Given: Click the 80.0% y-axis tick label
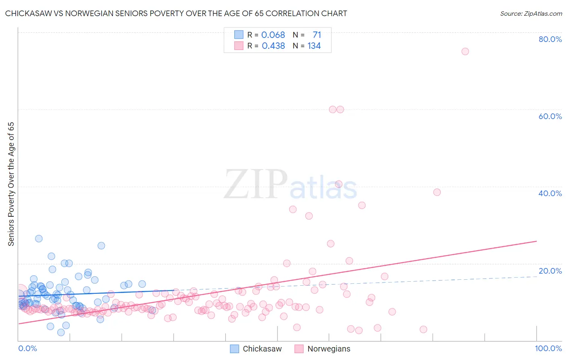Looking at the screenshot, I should click(550, 39).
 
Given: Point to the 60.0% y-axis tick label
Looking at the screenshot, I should click(550, 116).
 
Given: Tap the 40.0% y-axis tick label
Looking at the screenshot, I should click(550, 193).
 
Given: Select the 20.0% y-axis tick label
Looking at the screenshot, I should click(550, 271).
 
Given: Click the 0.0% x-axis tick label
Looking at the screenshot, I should click(27, 348).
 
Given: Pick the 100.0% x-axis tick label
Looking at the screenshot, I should click(548, 348).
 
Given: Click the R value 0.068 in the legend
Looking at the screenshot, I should click(273, 35).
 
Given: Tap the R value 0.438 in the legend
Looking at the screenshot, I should click(273, 46).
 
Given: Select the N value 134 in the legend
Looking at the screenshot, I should click(314, 46).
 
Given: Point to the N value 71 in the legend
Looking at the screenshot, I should click(317, 35).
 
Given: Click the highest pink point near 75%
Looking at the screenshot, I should click(465, 51).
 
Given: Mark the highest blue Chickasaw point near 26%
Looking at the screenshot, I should click(39, 239).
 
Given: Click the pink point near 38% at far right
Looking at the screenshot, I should click(437, 192).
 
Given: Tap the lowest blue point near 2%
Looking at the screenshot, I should click(61, 333).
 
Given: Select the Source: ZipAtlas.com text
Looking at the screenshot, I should click(531, 14).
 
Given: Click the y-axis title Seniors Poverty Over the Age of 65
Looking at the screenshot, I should click(11, 184).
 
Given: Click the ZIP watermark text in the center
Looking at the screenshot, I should click(256, 184).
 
